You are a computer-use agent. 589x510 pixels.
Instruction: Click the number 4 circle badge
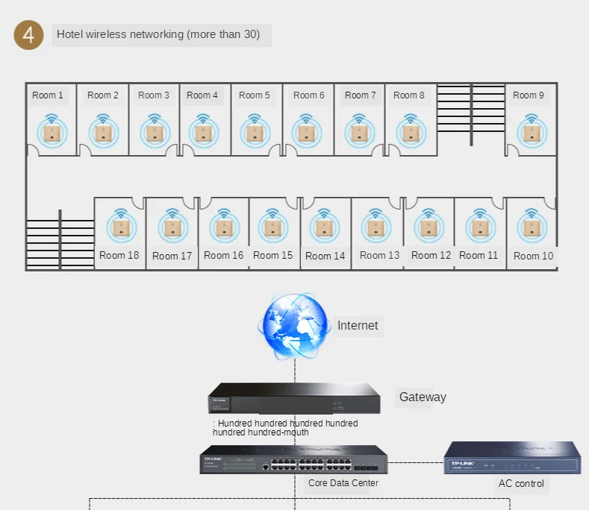tap(29, 35)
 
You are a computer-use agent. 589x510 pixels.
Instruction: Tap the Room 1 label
tap(48, 95)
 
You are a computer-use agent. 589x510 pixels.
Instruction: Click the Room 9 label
tap(529, 95)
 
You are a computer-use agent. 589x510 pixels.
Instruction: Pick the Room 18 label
tap(119, 255)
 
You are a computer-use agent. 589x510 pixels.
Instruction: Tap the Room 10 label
tap(533, 256)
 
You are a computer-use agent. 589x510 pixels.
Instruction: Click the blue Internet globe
tap(293, 326)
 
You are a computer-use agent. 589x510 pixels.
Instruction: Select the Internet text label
tap(358, 325)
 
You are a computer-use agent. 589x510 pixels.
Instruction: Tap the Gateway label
tap(423, 397)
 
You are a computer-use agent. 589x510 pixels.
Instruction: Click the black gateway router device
tap(294, 398)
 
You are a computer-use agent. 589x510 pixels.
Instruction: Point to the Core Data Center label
tap(343, 483)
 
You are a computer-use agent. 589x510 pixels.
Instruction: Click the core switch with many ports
tap(293, 460)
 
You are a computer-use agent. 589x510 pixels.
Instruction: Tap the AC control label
tap(521, 483)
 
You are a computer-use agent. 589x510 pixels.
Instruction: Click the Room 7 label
tap(360, 95)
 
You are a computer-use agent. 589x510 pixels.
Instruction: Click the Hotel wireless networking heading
tap(158, 34)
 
